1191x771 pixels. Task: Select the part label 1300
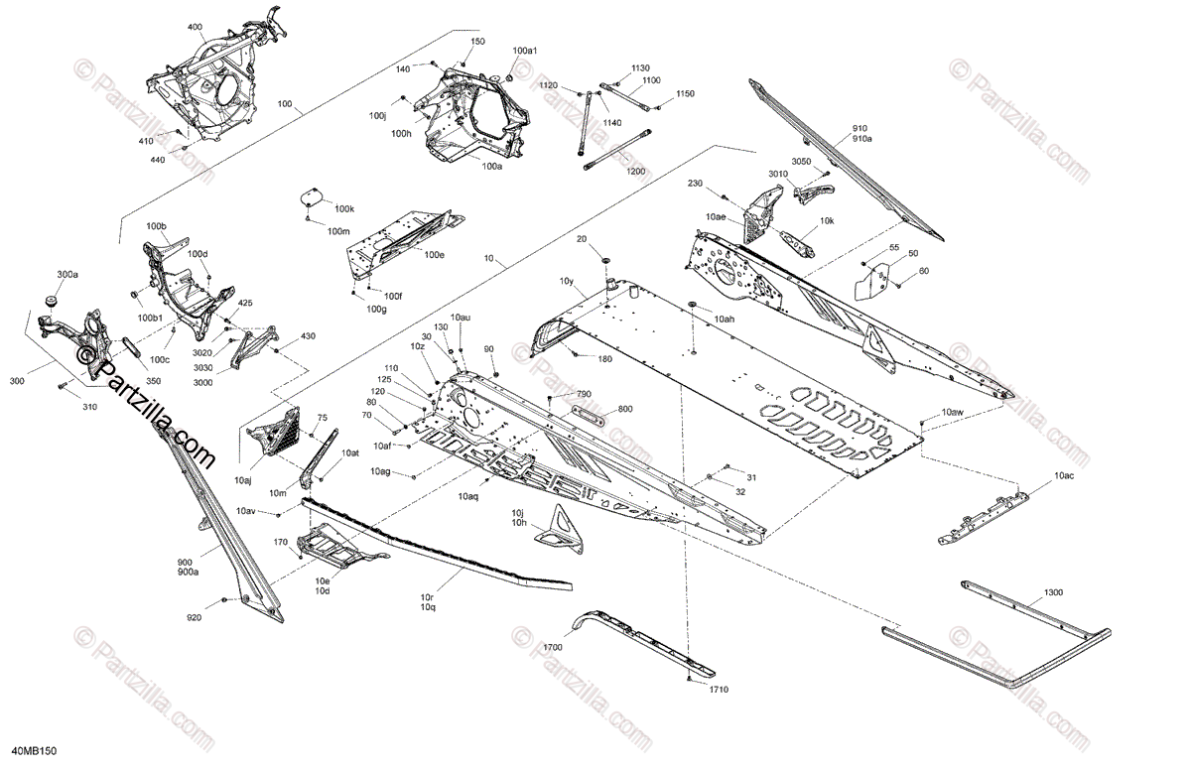coord(1053,592)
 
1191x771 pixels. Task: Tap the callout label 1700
coord(553,647)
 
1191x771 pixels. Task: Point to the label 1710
coord(720,689)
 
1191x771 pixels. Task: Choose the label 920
coord(195,618)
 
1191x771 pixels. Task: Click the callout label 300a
coord(66,275)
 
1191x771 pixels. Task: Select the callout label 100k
coord(343,208)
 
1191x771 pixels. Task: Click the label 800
coord(624,409)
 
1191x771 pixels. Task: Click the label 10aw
coord(953,411)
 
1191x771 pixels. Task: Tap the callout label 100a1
coord(525,51)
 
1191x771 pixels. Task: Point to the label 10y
coord(567,281)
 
